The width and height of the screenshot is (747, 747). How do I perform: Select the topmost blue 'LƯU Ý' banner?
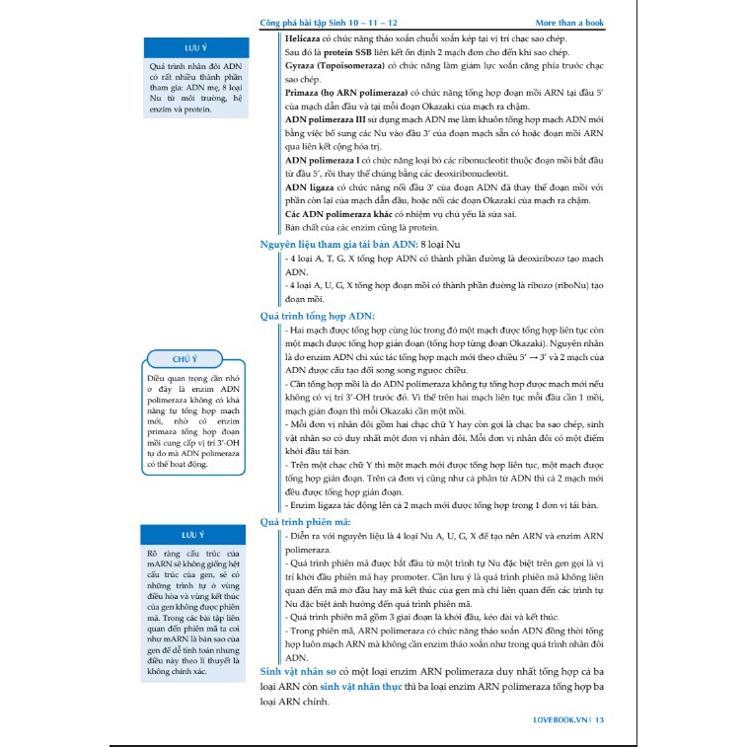194,47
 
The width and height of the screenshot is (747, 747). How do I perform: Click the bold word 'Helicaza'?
306,36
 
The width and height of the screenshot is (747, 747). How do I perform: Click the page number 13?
599,720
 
